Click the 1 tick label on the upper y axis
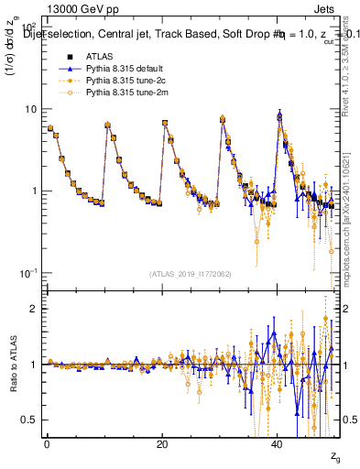34,191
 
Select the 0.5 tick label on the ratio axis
30,420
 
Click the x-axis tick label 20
162,444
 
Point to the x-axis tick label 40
278,444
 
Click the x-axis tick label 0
47,444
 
